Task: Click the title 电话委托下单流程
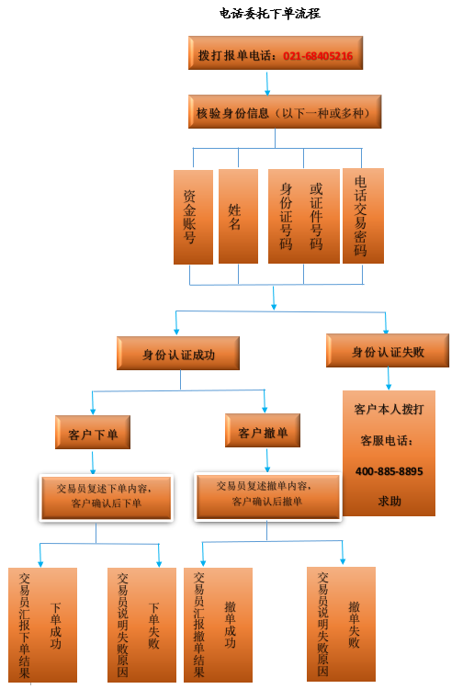point(270,14)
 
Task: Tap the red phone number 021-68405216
point(318,56)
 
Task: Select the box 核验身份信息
point(285,112)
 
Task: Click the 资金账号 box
point(193,217)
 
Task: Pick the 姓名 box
point(238,216)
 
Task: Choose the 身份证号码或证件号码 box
point(303,216)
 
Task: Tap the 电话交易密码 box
point(363,216)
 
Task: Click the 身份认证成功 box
point(178,354)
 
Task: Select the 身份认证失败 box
point(388,351)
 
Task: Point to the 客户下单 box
point(93,433)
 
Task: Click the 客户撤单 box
point(263,431)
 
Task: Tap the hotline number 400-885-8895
point(389,471)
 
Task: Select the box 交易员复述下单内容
point(107,498)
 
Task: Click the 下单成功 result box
point(42,625)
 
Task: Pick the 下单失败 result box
point(141,625)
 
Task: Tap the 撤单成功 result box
point(218,625)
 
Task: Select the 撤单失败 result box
point(342,624)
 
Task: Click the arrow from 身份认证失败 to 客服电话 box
point(389,378)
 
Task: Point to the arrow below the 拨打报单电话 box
point(267,83)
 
